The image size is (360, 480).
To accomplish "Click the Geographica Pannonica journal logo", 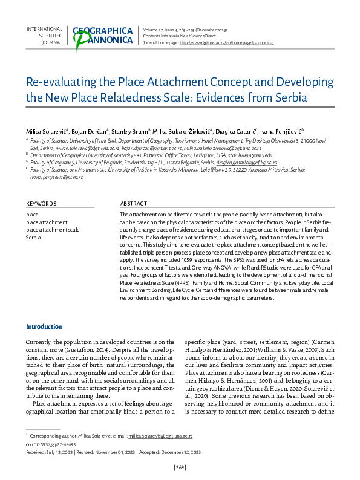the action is pyautogui.click(x=102, y=36).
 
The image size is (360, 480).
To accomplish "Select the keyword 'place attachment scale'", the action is pyautogui.click(x=53, y=230).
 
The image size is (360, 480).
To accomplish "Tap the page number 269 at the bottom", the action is pyautogui.click(x=180, y=467).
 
